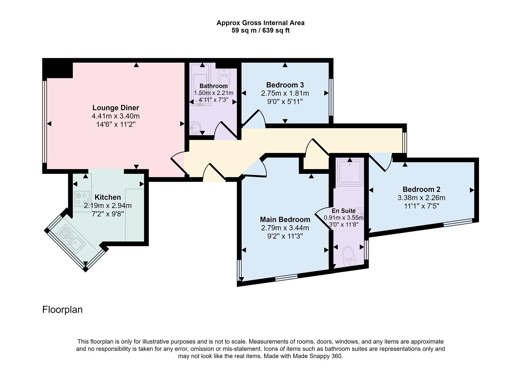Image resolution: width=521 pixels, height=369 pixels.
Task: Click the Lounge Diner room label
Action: pos(116,108)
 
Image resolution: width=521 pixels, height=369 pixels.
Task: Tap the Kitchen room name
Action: pos(107,197)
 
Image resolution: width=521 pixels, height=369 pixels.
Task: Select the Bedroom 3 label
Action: pos(285,85)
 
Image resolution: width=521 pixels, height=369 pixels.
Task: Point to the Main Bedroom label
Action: pos(285,220)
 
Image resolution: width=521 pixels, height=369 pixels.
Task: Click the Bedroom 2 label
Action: pos(421,189)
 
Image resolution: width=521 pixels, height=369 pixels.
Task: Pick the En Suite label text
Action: pos(344,211)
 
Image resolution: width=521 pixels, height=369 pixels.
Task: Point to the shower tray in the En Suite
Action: pos(350,171)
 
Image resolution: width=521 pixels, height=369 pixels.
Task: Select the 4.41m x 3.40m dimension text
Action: pos(116,116)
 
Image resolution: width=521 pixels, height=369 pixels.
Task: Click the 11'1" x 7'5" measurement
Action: pos(421,206)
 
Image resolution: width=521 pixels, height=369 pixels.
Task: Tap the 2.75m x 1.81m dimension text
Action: pos(285,93)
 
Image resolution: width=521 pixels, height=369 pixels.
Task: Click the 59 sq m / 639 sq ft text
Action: pos(260,30)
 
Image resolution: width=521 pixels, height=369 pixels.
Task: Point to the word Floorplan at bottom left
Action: pos(62,310)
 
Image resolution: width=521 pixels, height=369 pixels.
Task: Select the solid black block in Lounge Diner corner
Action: pos(57,68)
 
